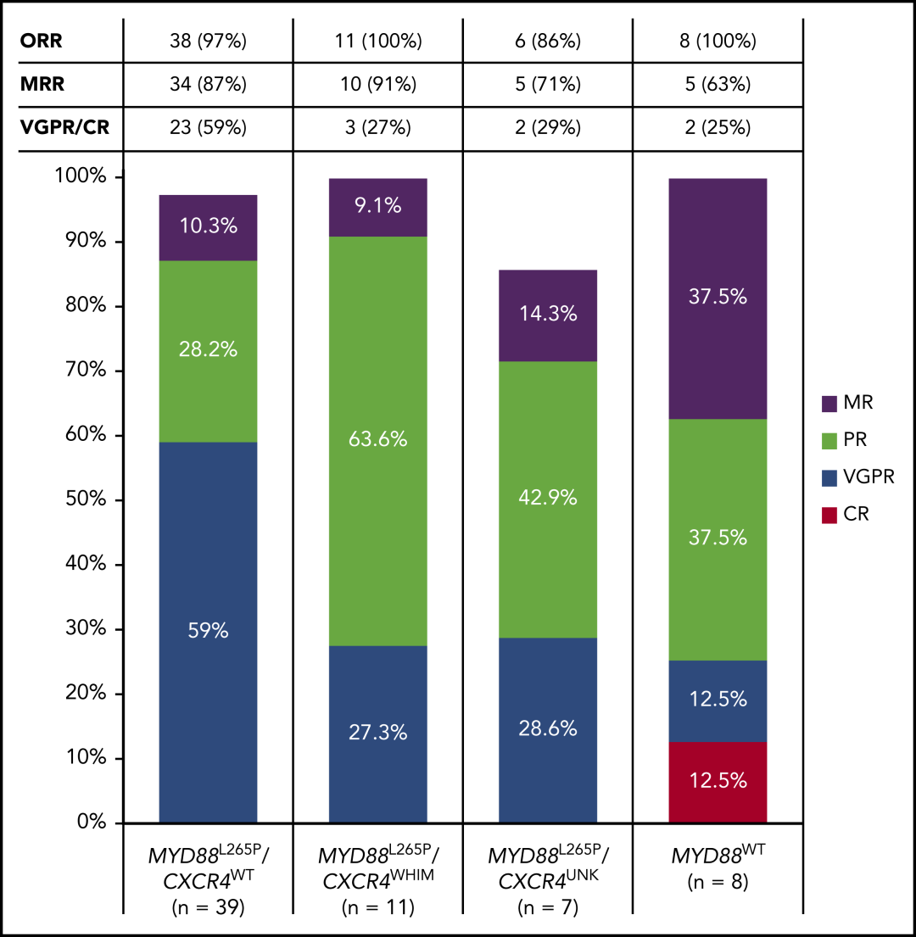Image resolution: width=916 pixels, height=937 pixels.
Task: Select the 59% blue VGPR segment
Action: tap(208, 632)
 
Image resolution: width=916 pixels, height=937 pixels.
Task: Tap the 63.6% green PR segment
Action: tap(377, 440)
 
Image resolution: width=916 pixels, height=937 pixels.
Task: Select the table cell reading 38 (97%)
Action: tap(208, 40)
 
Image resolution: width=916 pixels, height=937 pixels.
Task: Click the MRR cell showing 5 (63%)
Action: tap(718, 84)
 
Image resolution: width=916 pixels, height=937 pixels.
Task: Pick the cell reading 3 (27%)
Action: tap(377, 128)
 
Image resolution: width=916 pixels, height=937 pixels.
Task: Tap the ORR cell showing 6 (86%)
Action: tap(548, 40)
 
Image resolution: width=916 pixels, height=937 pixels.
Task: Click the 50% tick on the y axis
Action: tap(86, 500)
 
